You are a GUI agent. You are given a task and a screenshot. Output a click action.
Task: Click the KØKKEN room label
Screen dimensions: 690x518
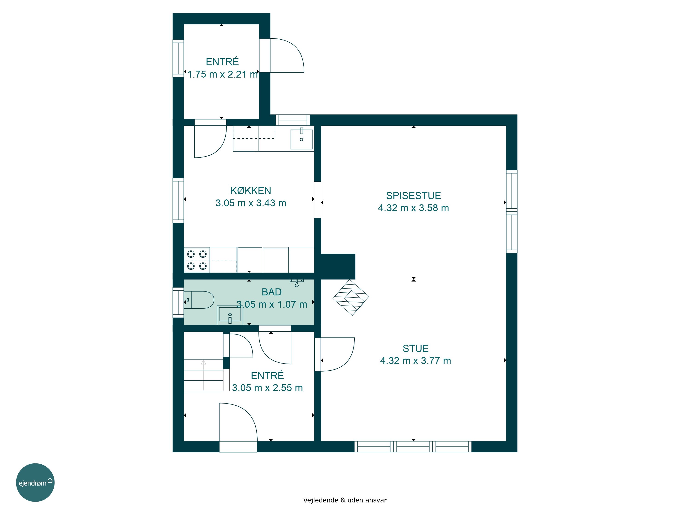point(251,190)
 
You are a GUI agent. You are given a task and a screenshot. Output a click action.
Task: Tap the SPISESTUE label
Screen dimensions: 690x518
point(413,195)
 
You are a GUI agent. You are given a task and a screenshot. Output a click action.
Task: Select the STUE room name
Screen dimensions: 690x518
point(416,348)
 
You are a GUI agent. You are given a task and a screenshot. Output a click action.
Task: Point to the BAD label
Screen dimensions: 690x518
point(272,292)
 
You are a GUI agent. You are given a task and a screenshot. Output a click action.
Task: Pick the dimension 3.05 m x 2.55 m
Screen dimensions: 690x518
point(267,388)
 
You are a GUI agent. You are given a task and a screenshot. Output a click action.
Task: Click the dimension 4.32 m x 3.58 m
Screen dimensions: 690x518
point(413,208)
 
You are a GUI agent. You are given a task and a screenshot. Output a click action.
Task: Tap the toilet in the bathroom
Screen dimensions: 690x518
point(199,300)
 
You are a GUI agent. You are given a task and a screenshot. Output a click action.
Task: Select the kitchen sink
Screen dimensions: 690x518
point(302,139)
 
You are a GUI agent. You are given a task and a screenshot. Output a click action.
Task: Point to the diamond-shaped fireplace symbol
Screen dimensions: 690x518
point(351,297)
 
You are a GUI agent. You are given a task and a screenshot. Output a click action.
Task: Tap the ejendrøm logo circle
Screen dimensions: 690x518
point(35,482)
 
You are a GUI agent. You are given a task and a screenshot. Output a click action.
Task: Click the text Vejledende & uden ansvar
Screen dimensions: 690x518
point(345,500)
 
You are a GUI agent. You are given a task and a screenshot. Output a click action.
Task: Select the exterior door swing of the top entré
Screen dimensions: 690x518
point(287,55)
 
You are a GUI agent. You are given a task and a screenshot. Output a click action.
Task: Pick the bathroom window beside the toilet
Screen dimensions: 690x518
point(178,303)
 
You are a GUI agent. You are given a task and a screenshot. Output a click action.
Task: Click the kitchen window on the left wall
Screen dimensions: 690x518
point(178,201)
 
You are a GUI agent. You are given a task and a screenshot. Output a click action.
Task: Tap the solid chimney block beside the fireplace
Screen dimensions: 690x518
point(338,266)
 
